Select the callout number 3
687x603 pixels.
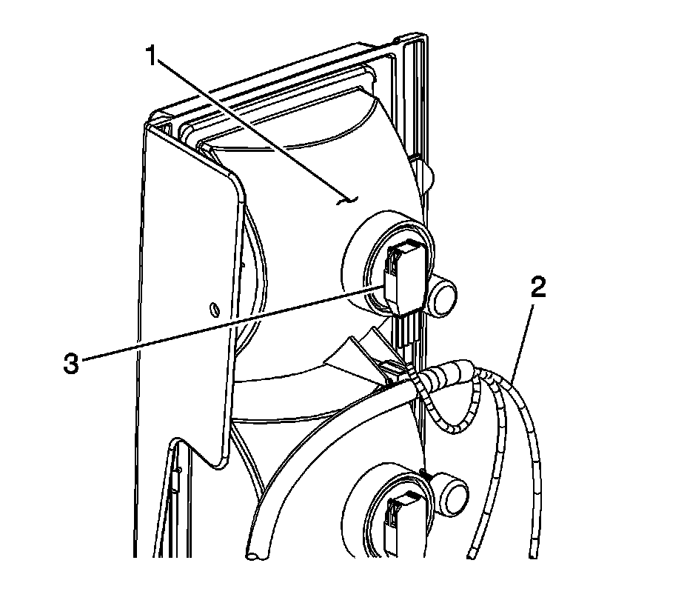(70, 364)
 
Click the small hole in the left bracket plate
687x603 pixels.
(213, 307)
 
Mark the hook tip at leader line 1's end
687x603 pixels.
(348, 199)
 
